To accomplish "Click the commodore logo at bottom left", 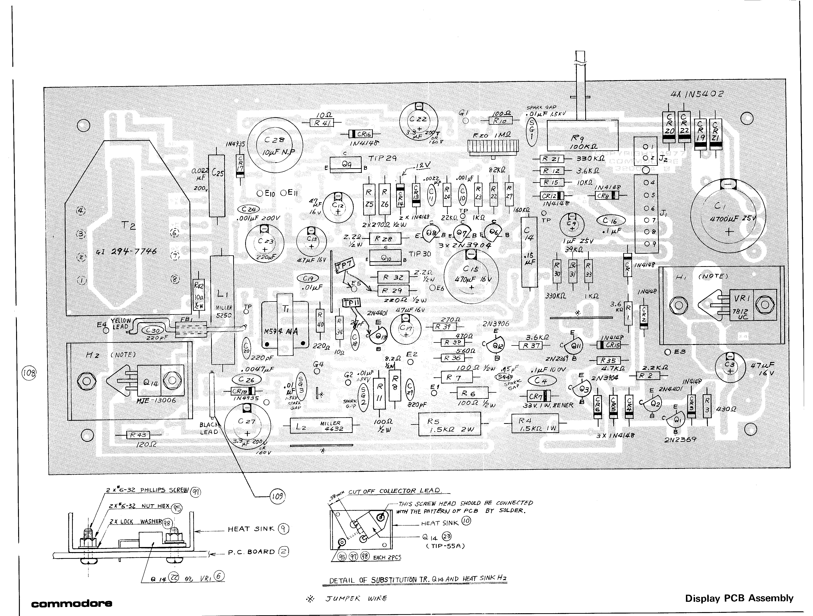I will [x=72, y=603].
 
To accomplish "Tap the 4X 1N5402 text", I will [x=697, y=94].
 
